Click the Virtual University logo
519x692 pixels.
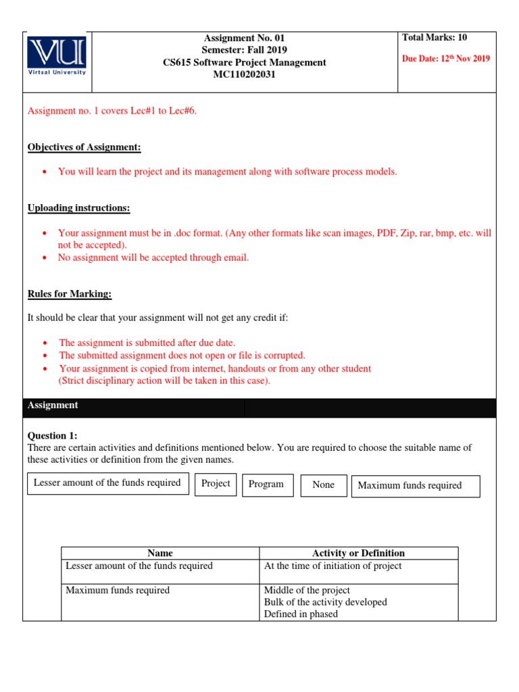pos(57,56)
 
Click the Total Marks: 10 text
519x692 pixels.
pos(435,38)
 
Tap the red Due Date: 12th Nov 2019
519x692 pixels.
pos(446,59)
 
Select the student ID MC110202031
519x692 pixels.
pos(244,74)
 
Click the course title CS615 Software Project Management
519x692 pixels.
pos(244,62)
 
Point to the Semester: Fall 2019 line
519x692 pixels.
pos(244,50)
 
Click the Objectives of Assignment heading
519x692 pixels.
pos(84,147)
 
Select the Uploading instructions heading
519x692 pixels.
pos(79,207)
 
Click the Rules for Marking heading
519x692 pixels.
pos(70,294)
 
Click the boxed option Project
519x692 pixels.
pos(216,484)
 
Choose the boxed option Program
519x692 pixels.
pos(266,485)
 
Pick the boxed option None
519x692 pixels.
pos(323,485)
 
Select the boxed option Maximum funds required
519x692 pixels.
pos(410,486)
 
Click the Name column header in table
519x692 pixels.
pos(160,553)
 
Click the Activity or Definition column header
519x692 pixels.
pos(358,553)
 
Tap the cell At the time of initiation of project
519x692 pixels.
pos(332,566)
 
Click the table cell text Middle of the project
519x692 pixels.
pos(307,591)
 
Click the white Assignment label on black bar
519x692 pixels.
pos(53,405)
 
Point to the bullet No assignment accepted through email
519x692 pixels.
pos(153,257)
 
